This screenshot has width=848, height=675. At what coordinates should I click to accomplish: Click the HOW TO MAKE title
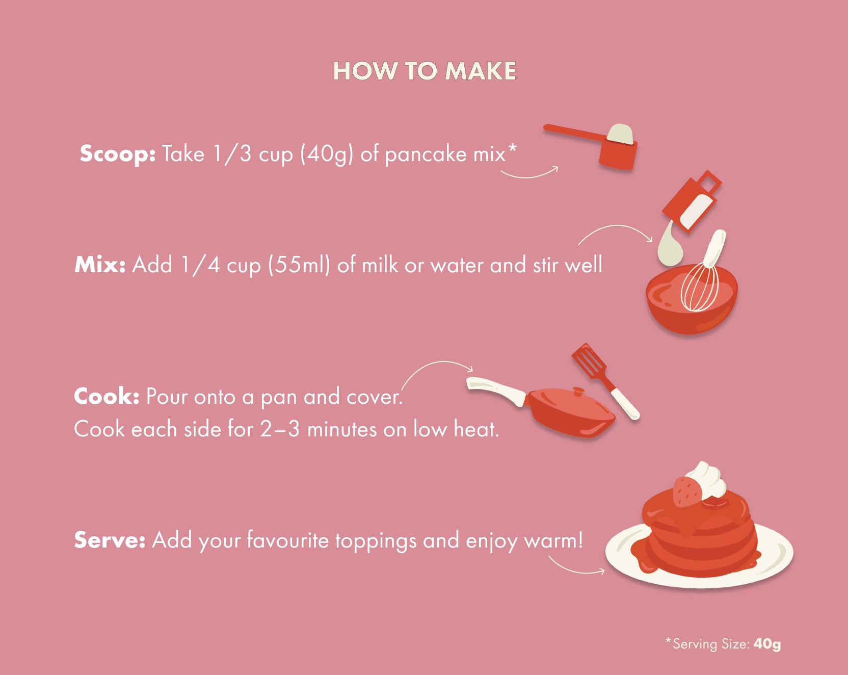tap(424, 71)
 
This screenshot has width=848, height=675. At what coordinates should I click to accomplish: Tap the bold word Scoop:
tap(117, 154)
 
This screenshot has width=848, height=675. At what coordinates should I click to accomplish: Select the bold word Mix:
tap(100, 265)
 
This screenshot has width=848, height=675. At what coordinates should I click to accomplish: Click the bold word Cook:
tap(107, 397)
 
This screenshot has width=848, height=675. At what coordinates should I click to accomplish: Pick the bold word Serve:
tap(110, 540)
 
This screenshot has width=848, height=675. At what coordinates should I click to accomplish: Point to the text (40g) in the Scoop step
tap(326, 154)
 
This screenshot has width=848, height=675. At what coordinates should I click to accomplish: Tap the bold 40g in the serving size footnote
tap(767, 644)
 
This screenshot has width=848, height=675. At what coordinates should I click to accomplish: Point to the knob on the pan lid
tap(578, 392)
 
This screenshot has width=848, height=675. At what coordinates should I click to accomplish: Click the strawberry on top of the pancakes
tap(686, 491)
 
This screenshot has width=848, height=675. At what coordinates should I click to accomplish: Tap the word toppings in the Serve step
tap(376, 541)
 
